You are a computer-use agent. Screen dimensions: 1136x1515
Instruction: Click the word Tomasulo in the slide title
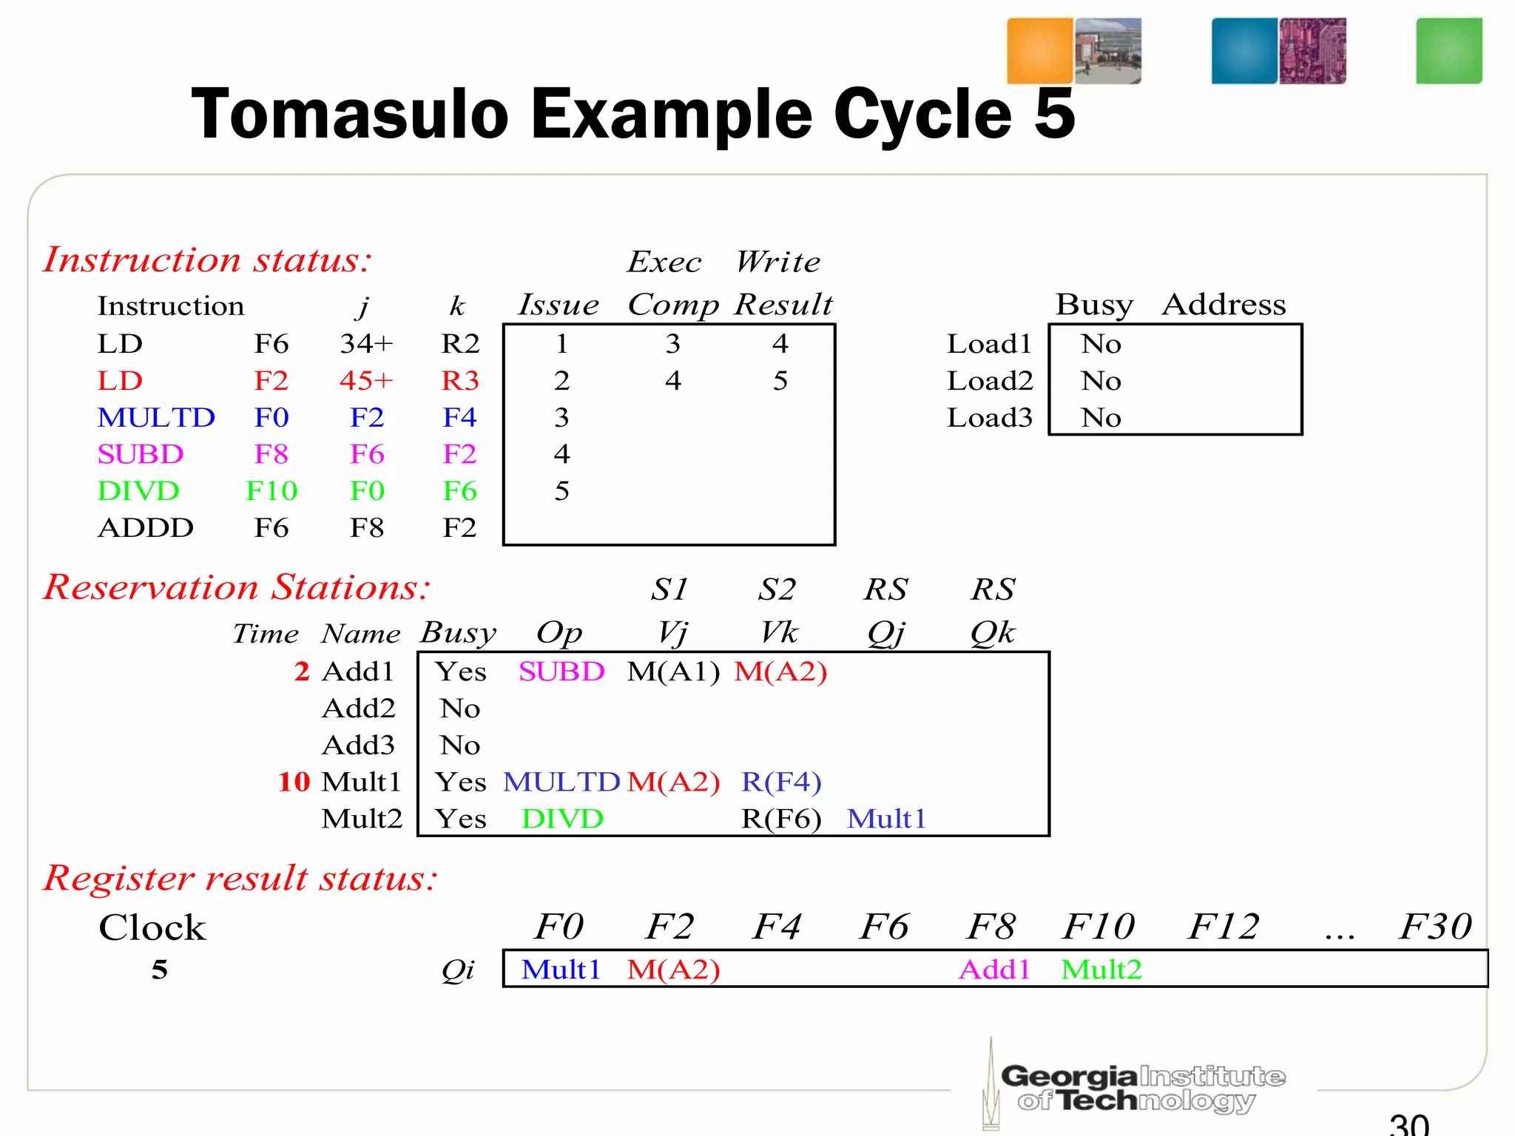350,115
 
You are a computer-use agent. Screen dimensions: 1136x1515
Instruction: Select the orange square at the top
1039,50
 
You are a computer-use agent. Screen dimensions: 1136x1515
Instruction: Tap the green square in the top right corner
1448,50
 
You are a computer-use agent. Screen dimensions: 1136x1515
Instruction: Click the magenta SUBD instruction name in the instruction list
140,454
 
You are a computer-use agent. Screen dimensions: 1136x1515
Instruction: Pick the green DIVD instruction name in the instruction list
138,491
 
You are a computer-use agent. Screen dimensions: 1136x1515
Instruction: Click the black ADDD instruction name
146,528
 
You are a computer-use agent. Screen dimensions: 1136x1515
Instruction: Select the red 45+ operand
366,381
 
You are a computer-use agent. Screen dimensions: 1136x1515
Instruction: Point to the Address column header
1224,305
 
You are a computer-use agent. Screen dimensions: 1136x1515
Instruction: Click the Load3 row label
989,418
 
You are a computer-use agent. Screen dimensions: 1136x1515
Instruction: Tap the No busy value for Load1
1101,344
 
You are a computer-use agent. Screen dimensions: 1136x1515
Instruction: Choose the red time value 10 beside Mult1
294,782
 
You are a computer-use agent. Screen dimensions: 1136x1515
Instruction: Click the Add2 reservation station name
359,709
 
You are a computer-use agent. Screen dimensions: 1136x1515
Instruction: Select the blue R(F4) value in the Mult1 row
781,782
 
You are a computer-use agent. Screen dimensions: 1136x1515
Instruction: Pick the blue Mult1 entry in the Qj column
886,819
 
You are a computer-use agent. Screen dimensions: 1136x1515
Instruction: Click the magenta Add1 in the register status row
994,970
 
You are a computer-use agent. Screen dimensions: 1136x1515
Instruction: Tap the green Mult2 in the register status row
1101,970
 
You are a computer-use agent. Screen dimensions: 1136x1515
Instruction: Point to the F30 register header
1435,927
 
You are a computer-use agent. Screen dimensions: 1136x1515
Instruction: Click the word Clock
152,927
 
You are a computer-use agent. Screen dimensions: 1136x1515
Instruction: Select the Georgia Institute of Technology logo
1139,1087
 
